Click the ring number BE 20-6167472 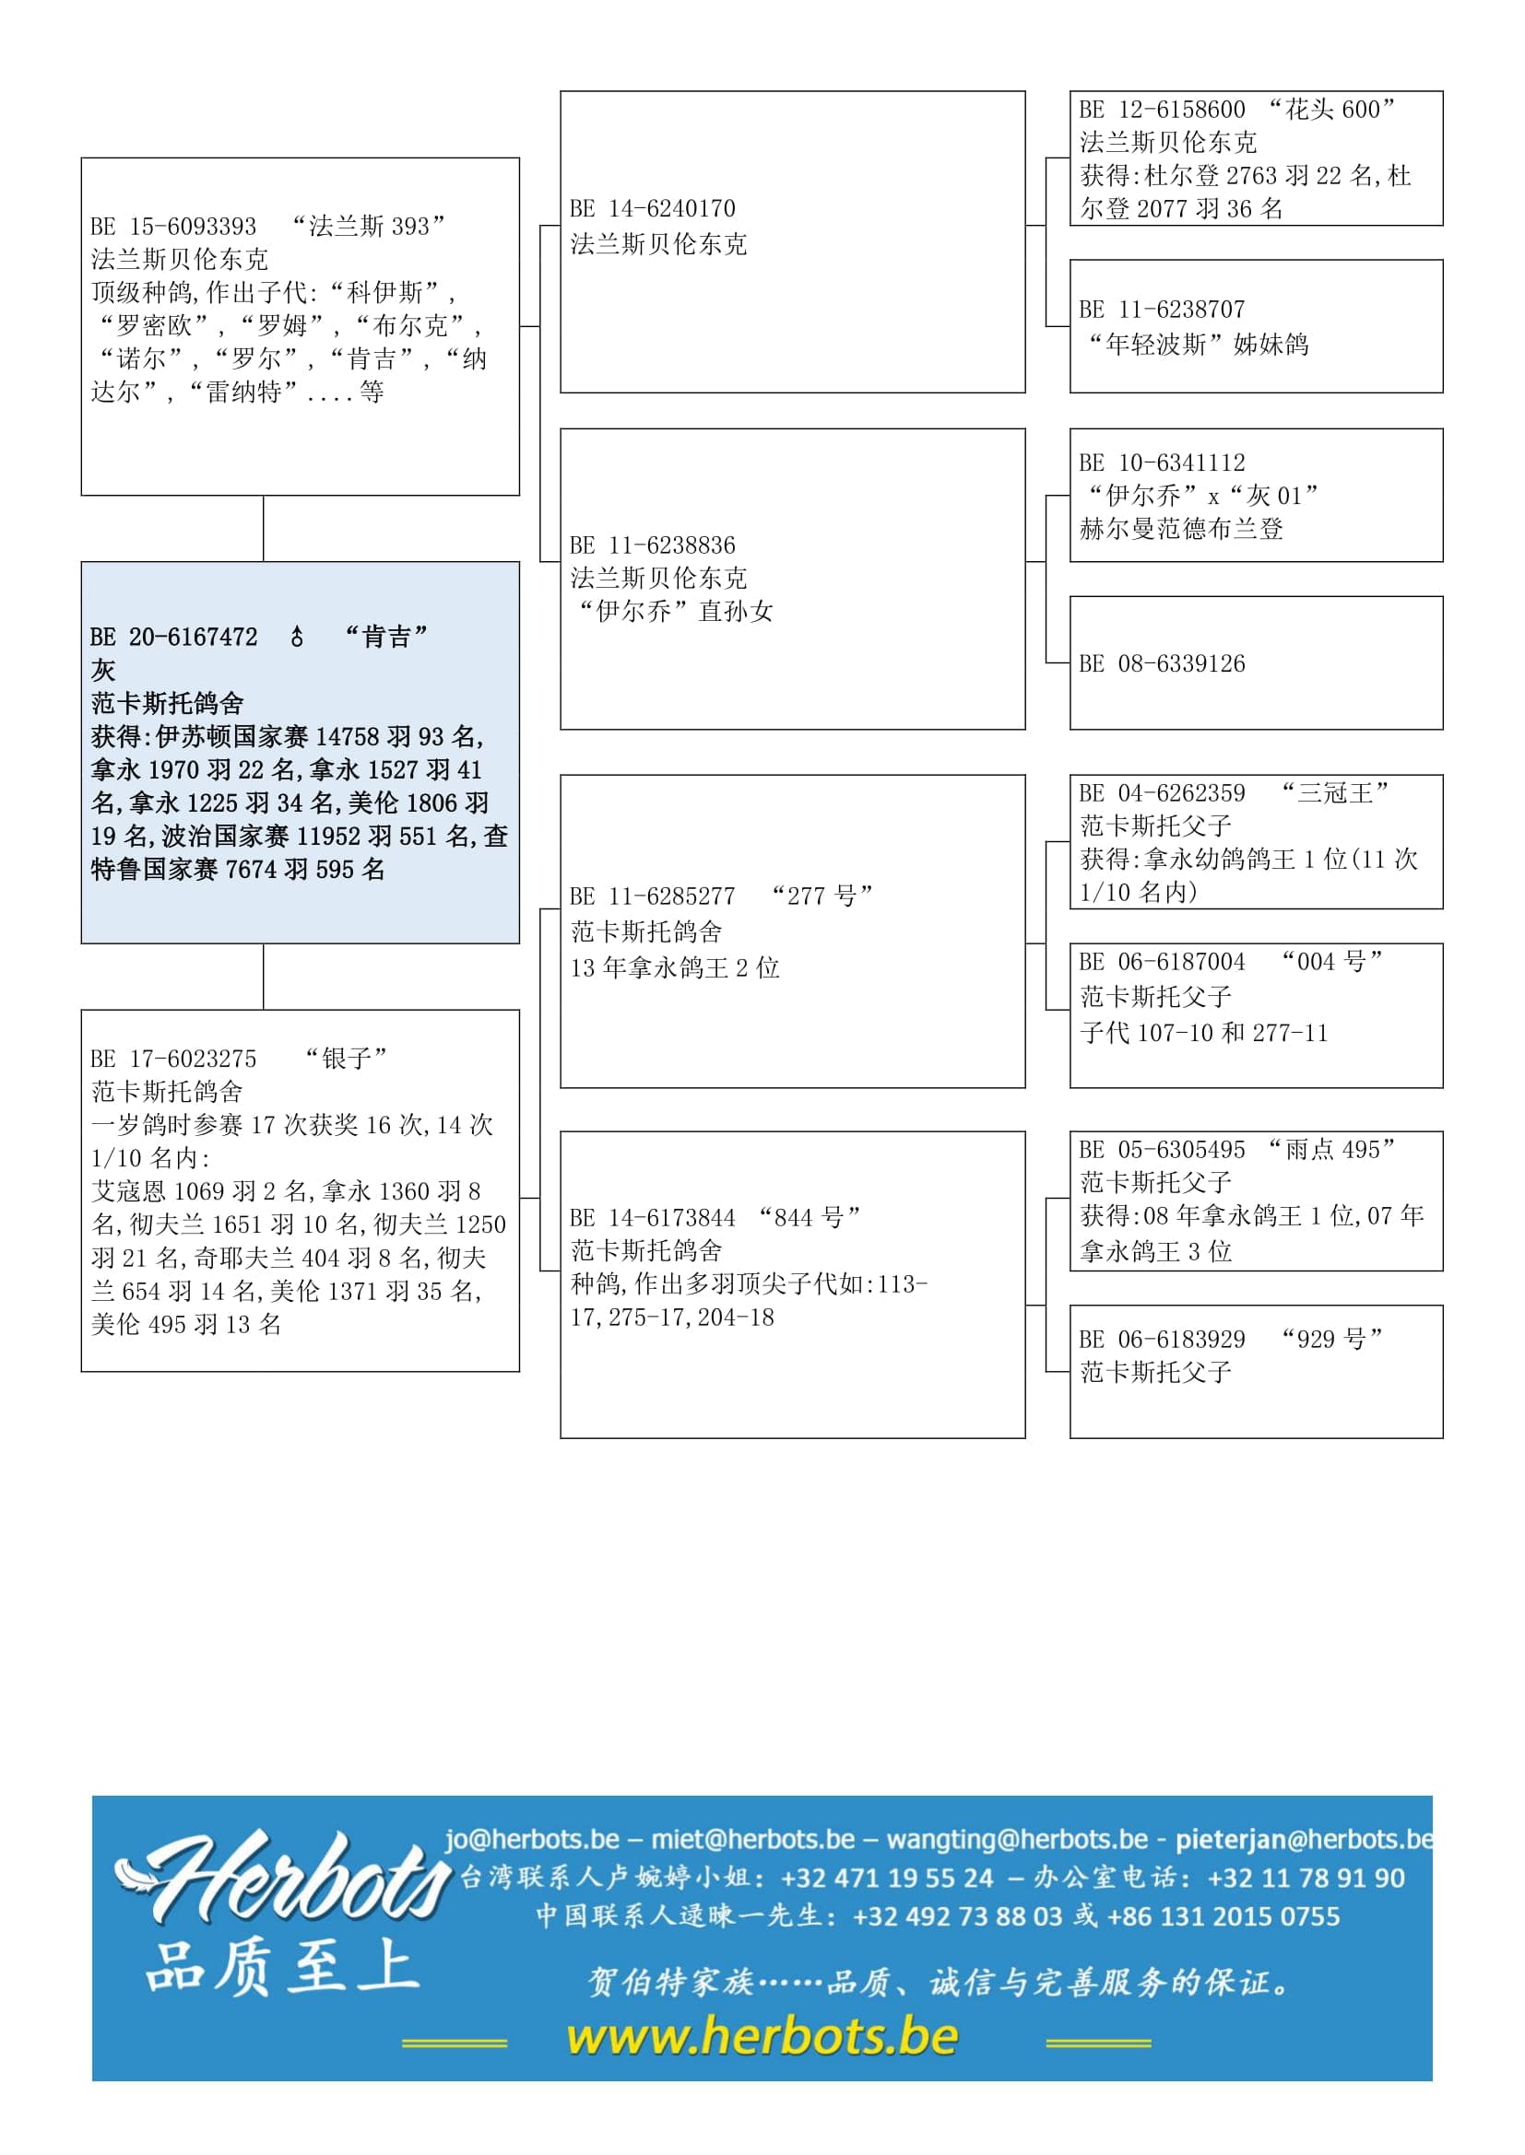(x=173, y=638)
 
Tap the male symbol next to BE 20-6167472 (x=297, y=638)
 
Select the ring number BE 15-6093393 (x=173, y=227)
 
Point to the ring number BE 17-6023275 (x=173, y=1059)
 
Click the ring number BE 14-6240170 (x=653, y=208)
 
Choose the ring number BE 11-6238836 (x=653, y=545)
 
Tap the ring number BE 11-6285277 (x=653, y=896)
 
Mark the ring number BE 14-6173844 (x=653, y=1218)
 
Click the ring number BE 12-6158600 (x=1163, y=110)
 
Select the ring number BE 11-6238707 (x=1163, y=310)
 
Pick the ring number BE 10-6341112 (x=1163, y=463)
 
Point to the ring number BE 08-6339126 (x=1163, y=664)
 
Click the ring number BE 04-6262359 (x=1163, y=793)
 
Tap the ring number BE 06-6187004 (x=1163, y=962)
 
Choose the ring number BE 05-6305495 (x=1163, y=1150)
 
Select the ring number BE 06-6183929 (x=1163, y=1340)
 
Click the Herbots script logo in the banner (x=282, y=1877)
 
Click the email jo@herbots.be (x=531, y=1839)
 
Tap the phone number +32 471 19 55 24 (x=886, y=1877)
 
